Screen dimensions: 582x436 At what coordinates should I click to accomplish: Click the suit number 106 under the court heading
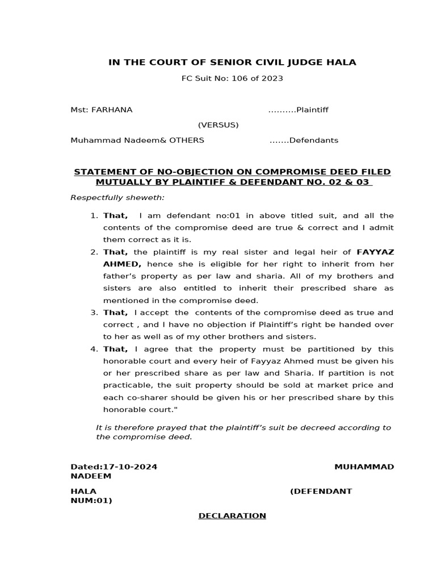coord(238,78)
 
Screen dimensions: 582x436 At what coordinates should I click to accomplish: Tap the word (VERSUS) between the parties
coord(218,125)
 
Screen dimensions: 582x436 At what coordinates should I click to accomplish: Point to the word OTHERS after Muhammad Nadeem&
coord(186,140)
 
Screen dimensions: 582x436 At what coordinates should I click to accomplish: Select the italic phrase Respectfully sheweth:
coord(118,198)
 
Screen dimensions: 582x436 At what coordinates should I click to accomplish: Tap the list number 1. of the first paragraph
coord(94,216)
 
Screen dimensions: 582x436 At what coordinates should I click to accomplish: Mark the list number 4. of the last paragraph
coord(94,349)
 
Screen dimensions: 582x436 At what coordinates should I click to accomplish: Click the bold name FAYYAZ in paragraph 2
coord(375,252)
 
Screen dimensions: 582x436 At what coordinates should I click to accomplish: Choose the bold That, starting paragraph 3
coord(116,313)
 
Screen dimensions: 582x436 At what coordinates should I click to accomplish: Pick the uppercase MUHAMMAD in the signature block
coord(364,467)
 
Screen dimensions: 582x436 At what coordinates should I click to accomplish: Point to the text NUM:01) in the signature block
coord(91,501)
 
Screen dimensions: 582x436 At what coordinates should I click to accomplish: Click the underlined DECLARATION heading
coord(232,516)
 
